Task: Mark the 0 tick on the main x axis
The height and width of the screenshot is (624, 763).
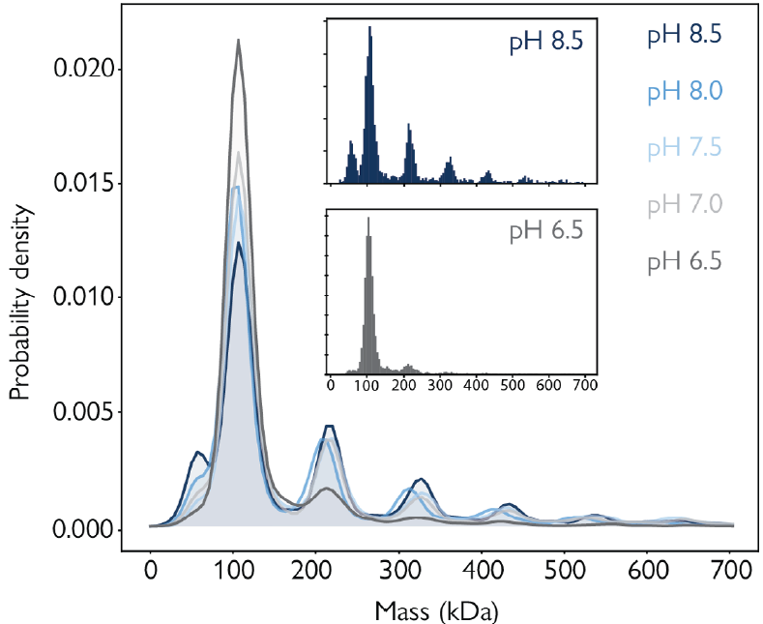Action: coord(150,570)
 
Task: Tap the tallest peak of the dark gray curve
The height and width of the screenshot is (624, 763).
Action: coord(238,41)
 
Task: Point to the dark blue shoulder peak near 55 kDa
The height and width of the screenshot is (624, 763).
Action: coord(197,452)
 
